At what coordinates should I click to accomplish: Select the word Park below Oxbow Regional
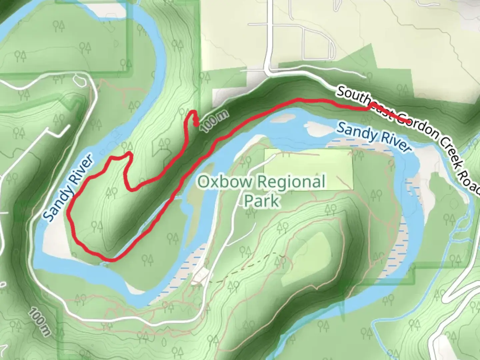tap(262, 201)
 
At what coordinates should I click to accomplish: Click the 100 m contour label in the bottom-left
tap(39, 321)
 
